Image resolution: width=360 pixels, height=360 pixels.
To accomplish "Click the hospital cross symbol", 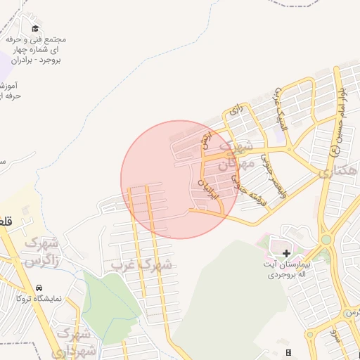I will coord(285,252).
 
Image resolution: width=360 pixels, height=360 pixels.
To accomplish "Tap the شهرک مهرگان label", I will coord(235,156).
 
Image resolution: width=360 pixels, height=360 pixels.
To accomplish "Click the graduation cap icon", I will coord(35,28).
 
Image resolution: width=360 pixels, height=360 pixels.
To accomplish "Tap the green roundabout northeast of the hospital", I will coord(326,240).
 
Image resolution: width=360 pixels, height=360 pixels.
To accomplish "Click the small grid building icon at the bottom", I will coord(288,352).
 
